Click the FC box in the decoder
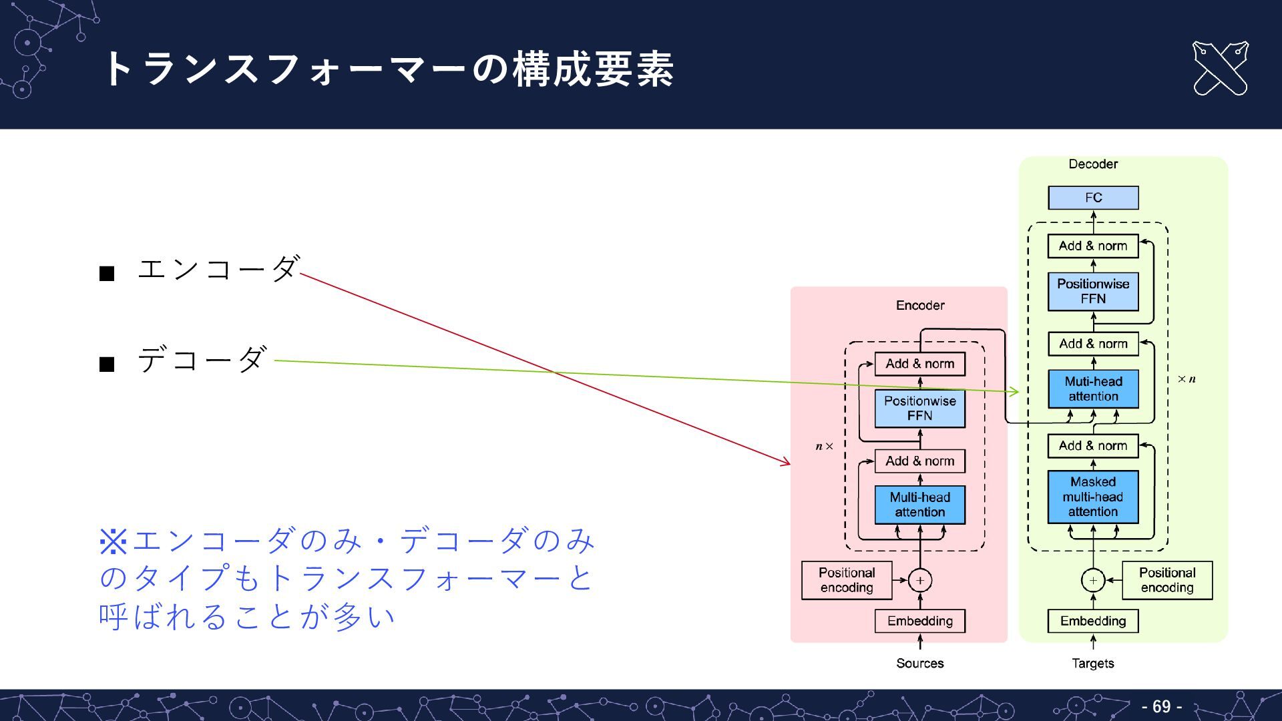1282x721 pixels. coord(1093,198)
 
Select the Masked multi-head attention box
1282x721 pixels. coord(1093,497)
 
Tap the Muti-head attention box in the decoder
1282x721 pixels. coord(1093,389)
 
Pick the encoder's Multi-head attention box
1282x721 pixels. coord(919,505)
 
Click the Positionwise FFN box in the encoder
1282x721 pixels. coord(919,408)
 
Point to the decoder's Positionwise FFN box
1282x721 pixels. coord(1093,291)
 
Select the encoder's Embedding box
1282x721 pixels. coord(919,621)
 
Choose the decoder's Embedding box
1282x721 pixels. coord(1093,621)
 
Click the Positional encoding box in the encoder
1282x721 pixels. coord(847,580)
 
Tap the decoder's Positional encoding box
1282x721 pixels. coord(1166,580)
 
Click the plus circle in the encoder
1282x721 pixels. coord(920,580)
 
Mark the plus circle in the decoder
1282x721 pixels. coord(1093,580)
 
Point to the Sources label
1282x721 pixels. coord(919,663)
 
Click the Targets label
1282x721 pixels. coord(1092,663)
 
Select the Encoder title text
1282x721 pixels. coord(919,305)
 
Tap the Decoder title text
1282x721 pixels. coord(1092,164)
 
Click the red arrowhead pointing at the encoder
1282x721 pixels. coord(787,462)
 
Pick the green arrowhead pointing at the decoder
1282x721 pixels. coord(1016,392)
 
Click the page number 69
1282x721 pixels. coord(1161,706)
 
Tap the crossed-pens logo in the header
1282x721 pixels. coord(1220,68)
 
